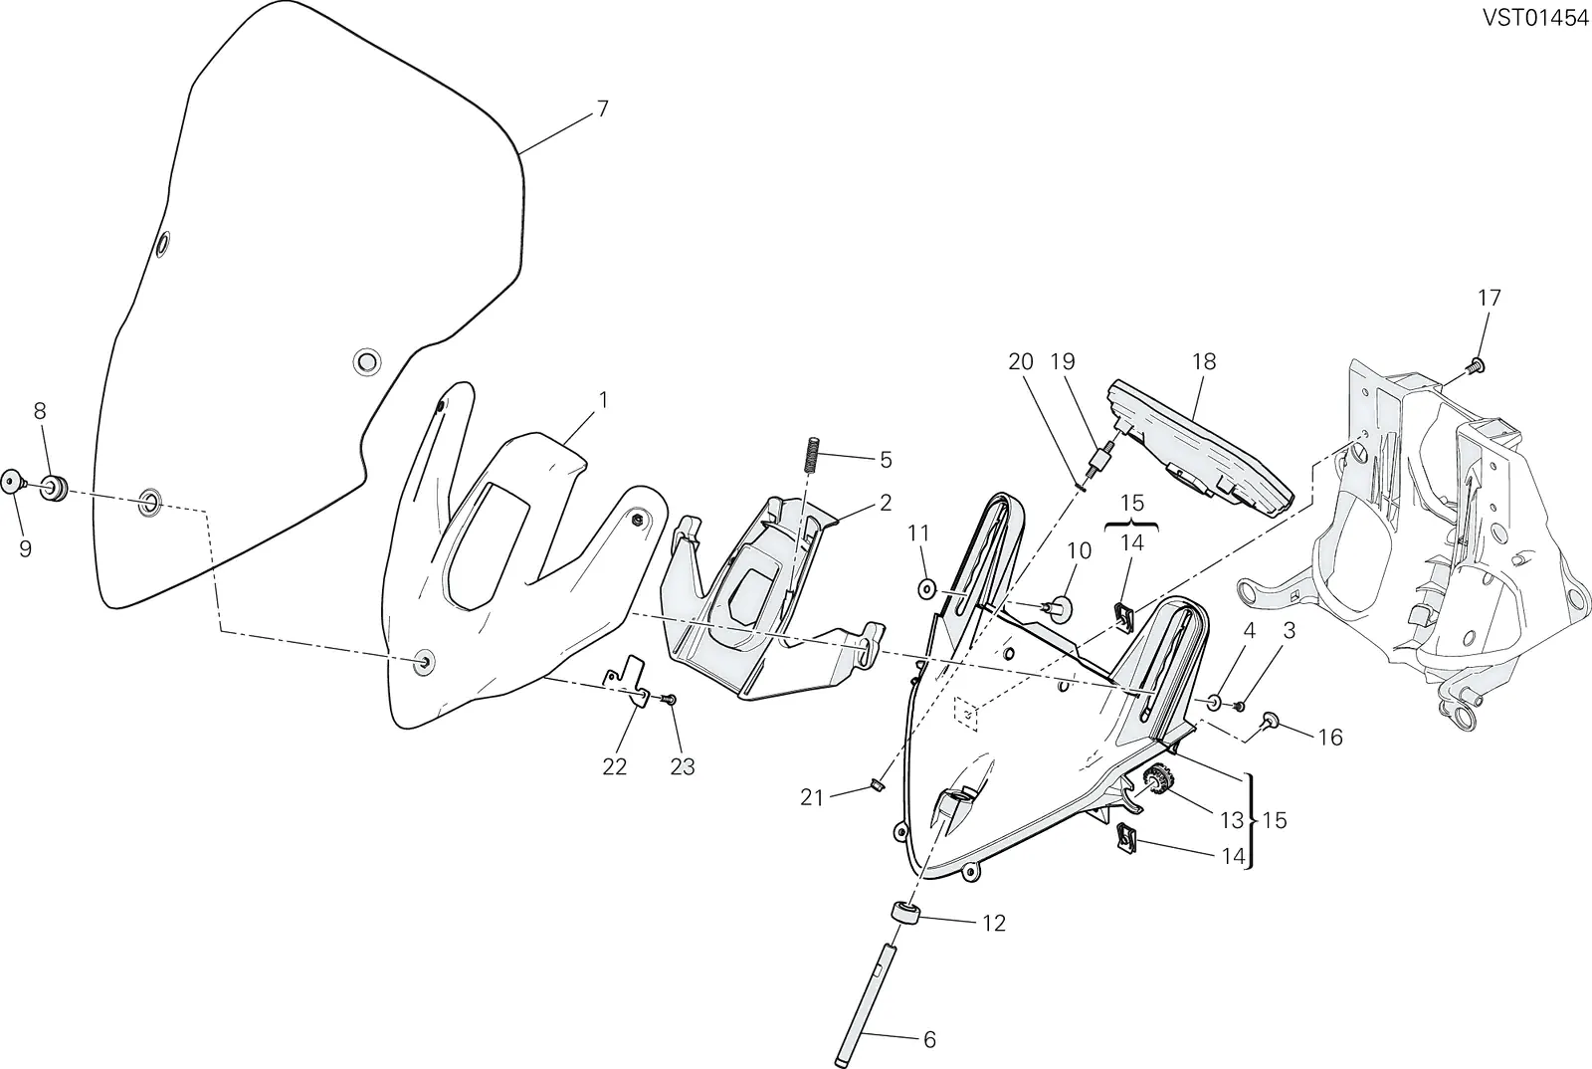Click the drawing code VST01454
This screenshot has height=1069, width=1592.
pos(1535,18)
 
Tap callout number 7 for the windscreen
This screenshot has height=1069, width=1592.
pos(602,109)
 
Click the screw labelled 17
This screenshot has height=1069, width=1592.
pos(1476,366)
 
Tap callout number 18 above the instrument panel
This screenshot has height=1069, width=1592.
pos(1205,361)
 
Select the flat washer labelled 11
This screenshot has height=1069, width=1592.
pos(926,588)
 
